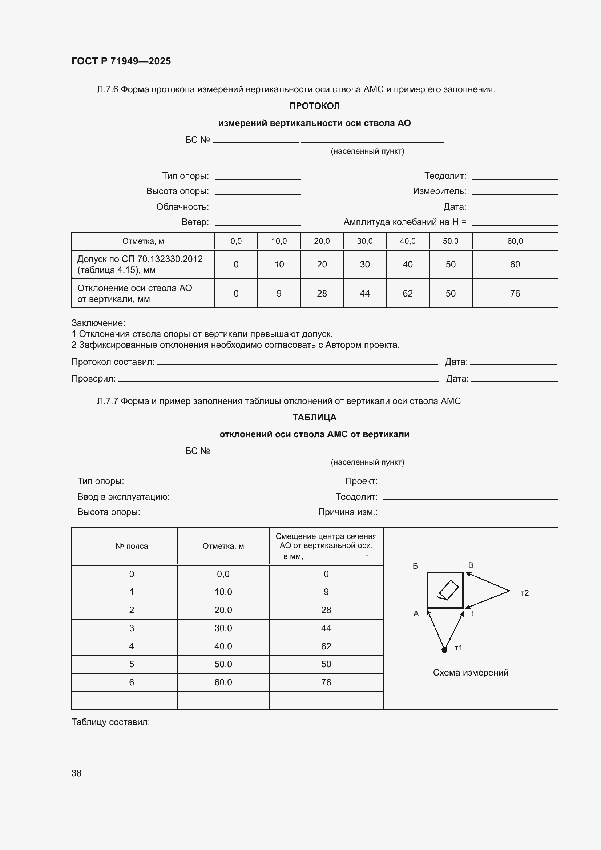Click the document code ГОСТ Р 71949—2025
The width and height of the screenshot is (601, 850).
(121, 61)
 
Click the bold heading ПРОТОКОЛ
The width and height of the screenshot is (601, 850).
(314, 106)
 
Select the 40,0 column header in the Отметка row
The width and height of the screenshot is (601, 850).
(407, 241)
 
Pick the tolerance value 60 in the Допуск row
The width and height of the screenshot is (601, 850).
(515, 264)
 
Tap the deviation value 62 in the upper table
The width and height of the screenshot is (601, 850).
(407, 293)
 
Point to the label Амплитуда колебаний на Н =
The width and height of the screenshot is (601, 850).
(404, 222)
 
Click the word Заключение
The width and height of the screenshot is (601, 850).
(98, 323)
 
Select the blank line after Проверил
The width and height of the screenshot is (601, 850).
(278, 380)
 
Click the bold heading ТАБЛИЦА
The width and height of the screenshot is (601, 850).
(314, 417)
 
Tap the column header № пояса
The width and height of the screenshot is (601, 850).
(132, 546)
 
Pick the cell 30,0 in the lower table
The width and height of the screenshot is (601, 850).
(223, 628)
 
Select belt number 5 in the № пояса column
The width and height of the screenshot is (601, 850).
(132, 664)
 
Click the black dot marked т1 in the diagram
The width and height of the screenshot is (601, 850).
(444, 649)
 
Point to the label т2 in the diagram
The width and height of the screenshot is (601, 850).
(524, 593)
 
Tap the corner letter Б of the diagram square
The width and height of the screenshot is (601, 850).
(415, 566)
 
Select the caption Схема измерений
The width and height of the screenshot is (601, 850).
(470, 672)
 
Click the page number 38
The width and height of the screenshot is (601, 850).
(76, 773)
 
